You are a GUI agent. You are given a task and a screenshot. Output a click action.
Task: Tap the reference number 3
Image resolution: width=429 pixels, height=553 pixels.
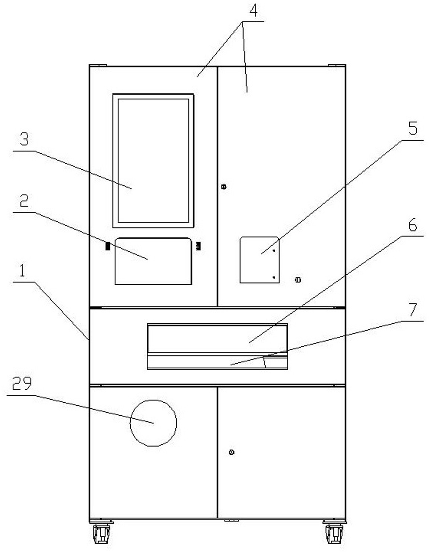click(x=24, y=140)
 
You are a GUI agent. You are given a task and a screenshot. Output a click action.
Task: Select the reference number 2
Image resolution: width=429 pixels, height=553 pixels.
click(x=24, y=201)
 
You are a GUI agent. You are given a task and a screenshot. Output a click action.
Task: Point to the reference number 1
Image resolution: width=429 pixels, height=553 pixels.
click(x=22, y=271)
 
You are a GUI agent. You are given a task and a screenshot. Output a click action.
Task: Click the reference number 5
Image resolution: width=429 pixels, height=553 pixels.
click(x=413, y=128)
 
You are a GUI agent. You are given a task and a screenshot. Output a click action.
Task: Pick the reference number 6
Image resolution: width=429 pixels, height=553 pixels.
click(x=413, y=225)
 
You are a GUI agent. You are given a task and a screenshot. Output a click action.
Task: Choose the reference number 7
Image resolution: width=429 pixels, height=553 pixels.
click(x=413, y=310)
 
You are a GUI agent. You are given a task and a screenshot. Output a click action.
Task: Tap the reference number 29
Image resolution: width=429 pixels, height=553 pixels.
click(x=22, y=383)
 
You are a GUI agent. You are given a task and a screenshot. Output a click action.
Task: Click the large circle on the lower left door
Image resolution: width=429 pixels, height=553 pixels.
click(x=153, y=423)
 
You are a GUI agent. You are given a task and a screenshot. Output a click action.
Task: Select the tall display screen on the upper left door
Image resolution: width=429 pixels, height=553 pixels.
click(x=153, y=160)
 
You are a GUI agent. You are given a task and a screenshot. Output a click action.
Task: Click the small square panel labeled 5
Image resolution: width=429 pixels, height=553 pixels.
click(x=259, y=260)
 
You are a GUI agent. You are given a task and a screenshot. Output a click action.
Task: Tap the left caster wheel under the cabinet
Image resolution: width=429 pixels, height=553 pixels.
click(x=101, y=533)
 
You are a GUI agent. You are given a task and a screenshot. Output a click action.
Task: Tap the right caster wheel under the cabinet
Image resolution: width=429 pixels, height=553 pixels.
click(x=334, y=533)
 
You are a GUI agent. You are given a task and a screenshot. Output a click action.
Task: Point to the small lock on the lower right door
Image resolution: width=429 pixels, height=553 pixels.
click(x=232, y=453)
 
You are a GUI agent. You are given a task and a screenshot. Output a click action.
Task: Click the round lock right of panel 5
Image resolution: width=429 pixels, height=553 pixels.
click(x=298, y=280)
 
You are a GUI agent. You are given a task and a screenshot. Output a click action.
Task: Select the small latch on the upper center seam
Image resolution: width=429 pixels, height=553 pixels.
click(x=223, y=186)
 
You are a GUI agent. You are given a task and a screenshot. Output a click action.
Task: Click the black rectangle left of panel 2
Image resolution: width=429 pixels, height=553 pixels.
click(x=107, y=246)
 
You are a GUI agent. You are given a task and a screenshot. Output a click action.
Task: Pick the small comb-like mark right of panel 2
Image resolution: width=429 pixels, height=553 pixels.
click(x=198, y=246)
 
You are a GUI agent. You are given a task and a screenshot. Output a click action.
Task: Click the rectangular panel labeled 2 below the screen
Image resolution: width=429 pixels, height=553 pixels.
click(x=153, y=261)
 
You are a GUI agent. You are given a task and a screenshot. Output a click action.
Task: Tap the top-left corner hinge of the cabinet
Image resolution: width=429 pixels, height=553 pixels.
click(x=98, y=65)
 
